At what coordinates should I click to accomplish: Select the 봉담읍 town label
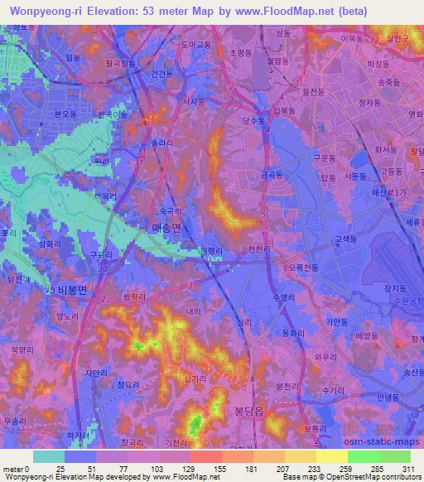[x=239, y=409]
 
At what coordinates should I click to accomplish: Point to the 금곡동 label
[x=270, y=176]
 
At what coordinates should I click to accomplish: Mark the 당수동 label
[x=255, y=120]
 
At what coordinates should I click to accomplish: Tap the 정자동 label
[x=363, y=104]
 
